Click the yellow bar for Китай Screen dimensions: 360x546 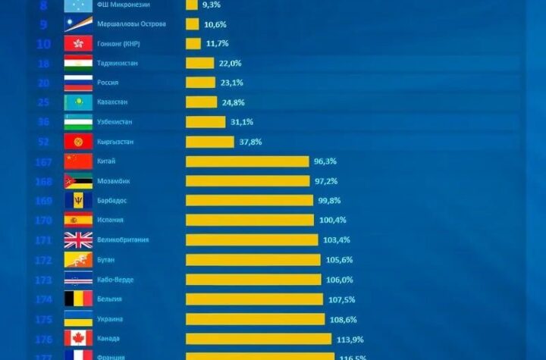pos(247,161)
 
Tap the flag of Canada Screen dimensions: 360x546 pos(78,338)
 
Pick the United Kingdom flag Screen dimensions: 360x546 pos(78,239)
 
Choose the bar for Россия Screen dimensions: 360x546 pos(200,83)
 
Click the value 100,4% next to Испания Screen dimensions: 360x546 pos(331,220)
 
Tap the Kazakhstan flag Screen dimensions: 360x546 pos(78,102)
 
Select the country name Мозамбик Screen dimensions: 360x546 pos(114,181)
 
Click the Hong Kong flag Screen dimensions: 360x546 pos(78,44)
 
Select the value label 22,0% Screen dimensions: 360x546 pos(231,63)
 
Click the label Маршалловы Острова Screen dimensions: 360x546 pos(132,24)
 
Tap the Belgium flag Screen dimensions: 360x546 pos(78,299)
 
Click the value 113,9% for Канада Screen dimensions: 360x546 pos(348,338)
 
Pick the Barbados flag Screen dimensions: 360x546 pos(78,200)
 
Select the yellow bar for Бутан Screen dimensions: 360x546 pos(253,260)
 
